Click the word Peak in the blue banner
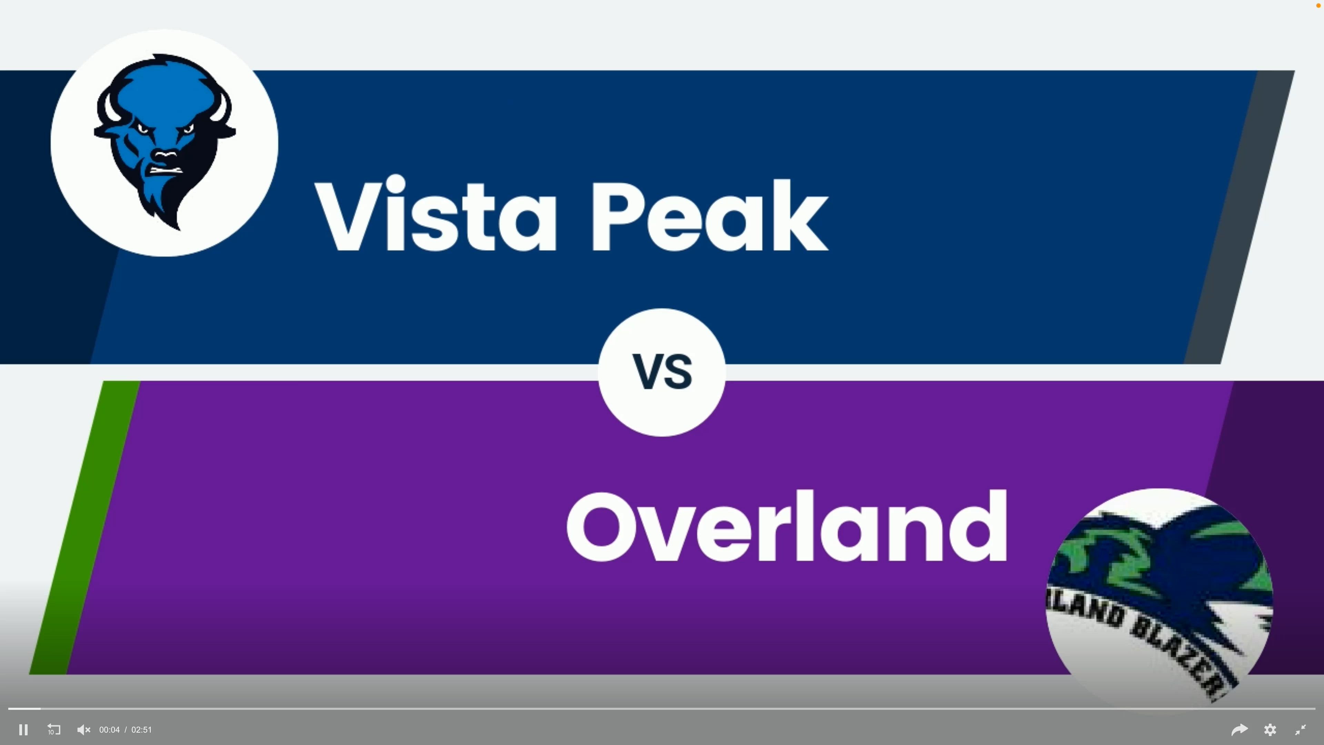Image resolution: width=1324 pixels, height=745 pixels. coord(709,216)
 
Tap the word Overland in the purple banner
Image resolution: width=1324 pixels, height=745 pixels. coord(786,527)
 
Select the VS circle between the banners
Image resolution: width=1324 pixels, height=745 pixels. coord(662,372)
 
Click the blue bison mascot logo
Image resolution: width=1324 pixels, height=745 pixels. coord(164,141)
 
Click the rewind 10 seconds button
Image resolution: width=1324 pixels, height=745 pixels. coord(53,729)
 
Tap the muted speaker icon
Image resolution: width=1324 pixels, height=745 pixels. coord(83,729)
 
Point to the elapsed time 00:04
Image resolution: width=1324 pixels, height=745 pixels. coord(109,729)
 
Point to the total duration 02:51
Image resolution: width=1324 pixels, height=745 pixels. coord(141,729)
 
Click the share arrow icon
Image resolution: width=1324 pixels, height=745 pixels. coord(1239,729)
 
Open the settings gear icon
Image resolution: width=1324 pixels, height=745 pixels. coord(1270,729)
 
